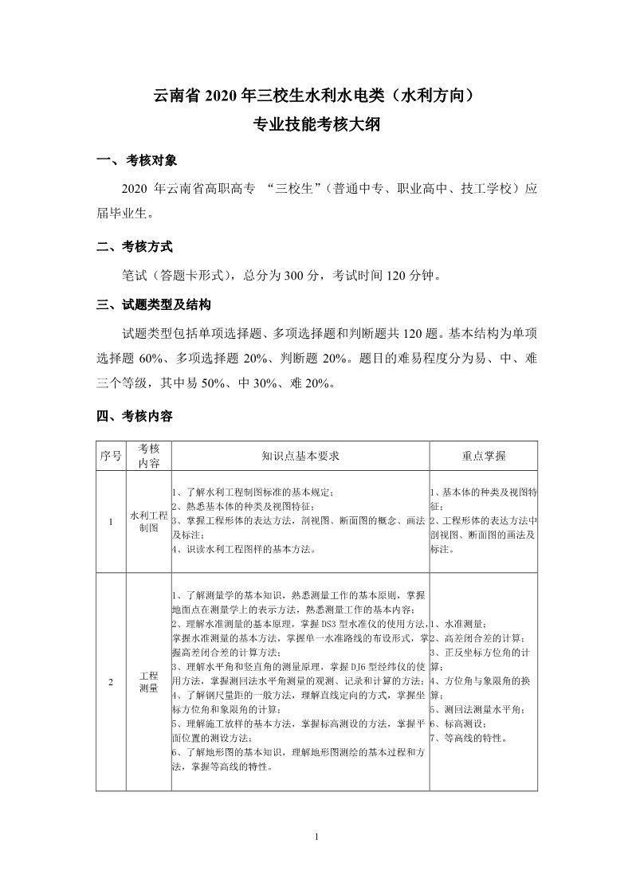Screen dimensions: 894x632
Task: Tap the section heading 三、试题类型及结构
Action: [x=155, y=304]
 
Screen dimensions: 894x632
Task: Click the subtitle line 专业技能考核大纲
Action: [x=316, y=124]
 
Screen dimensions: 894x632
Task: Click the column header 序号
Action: [x=111, y=456]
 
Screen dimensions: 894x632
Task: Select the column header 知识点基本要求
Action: [x=300, y=456]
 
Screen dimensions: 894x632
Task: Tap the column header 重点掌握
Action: [x=483, y=456]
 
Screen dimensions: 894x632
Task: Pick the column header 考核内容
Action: [x=148, y=456]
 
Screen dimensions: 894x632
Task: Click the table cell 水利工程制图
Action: [x=148, y=521]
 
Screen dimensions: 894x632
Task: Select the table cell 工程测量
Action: [x=148, y=680]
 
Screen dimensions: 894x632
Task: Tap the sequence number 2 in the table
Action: [x=111, y=681]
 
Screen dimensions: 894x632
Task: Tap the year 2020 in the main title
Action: [x=222, y=97]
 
